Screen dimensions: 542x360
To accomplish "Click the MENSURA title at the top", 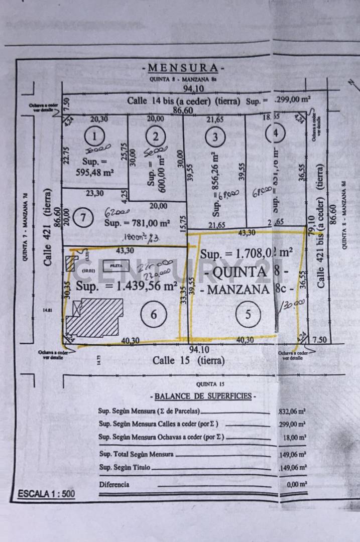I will [x=183, y=68].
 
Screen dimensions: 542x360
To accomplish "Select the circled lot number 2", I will [x=156, y=136].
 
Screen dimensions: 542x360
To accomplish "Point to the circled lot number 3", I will [x=215, y=136].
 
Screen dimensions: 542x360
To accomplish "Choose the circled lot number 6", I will [x=154, y=314].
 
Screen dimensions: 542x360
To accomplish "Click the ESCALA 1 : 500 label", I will [x=46, y=494].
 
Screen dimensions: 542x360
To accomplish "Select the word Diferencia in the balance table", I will [x=114, y=485].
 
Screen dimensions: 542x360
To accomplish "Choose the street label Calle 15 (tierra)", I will [x=188, y=360].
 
